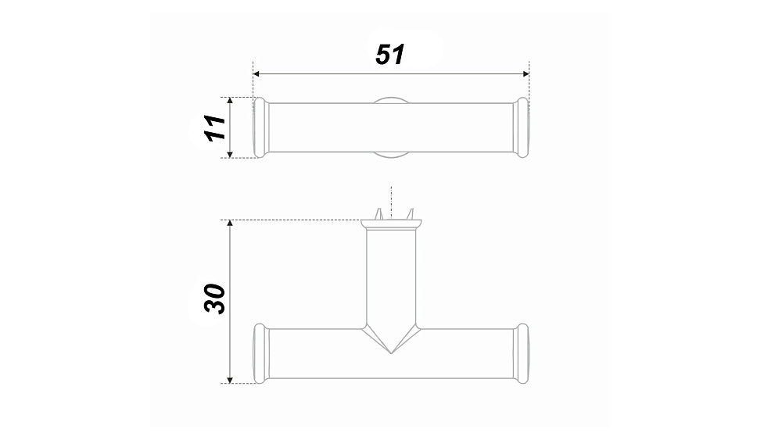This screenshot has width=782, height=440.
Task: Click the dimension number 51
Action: click(x=389, y=54)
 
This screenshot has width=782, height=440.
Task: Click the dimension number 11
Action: click(x=216, y=127)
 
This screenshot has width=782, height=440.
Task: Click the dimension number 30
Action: click(x=215, y=299)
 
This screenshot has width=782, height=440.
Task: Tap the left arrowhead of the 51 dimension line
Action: click(x=256, y=73)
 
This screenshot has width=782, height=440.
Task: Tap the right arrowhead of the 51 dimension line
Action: click(x=526, y=73)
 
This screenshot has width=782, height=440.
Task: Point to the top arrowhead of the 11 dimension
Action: click(x=230, y=101)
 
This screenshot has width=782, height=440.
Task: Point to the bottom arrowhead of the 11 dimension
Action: click(x=230, y=155)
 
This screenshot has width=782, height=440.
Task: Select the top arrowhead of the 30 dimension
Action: click(x=230, y=224)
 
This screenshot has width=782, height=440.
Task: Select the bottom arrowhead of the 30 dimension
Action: click(x=230, y=380)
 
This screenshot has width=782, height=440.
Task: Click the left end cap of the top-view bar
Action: click(x=261, y=127)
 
